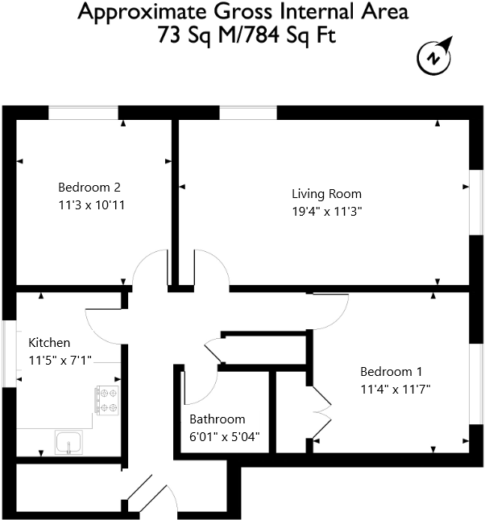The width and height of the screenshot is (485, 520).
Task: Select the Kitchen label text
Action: click(50, 343)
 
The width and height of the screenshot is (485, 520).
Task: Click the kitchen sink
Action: click(67, 442)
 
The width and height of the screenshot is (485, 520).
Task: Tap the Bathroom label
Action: click(217, 419)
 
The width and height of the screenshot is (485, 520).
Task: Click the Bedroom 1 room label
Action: click(391, 372)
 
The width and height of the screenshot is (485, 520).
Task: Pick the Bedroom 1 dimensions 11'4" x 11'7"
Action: click(396, 389)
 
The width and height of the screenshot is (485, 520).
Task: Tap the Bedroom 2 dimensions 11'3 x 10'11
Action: click(91, 205)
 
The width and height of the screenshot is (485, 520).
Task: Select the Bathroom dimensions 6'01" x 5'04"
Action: click(224, 436)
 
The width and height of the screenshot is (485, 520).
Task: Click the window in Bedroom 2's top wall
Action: click(84, 113)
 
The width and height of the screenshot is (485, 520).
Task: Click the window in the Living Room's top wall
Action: click(248, 113)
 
